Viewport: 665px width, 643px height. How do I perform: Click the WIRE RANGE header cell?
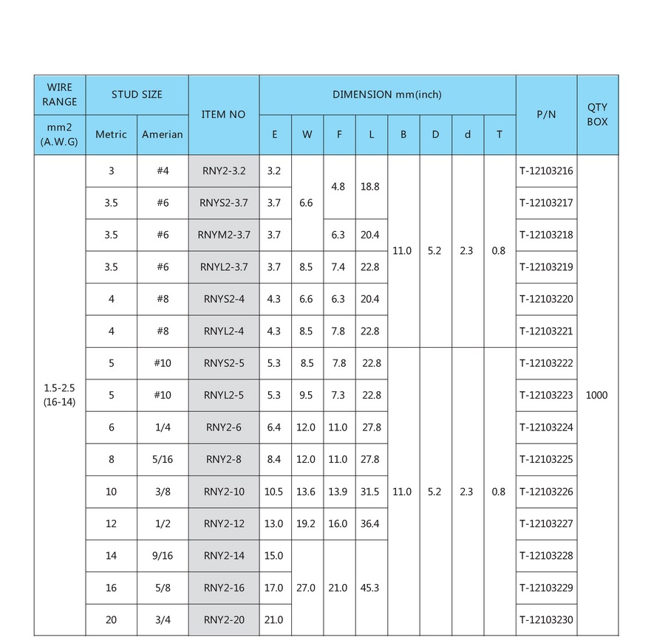tap(59, 94)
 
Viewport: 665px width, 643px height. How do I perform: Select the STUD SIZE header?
tap(137, 94)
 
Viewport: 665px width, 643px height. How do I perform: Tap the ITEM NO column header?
tap(223, 114)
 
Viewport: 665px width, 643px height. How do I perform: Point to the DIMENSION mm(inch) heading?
tap(386, 94)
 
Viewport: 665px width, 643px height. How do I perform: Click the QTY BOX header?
tap(597, 114)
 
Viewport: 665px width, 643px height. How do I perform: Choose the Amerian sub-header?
tap(163, 134)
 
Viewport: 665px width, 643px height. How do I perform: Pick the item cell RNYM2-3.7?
tap(224, 235)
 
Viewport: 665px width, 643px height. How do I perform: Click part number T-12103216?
tap(546, 171)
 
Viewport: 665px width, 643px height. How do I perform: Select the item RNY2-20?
tap(224, 619)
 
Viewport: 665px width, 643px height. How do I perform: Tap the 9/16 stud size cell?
tap(162, 555)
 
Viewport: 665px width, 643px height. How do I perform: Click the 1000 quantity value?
tap(596, 395)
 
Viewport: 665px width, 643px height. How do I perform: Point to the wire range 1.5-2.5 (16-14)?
tap(59, 395)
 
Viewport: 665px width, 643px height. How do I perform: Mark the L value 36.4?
tap(371, 523)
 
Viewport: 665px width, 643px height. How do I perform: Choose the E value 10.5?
tap(274, 492)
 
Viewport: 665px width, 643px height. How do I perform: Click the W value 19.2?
tap(307, 523)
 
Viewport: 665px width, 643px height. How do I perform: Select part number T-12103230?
tap(546, 619)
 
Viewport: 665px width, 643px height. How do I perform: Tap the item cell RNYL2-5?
tap(224, 395)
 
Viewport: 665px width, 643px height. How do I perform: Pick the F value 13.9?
tap(338, 492)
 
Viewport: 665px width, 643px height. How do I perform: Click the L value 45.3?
tap(371, 588)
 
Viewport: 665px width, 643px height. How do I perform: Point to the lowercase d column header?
tap(467, 134)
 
